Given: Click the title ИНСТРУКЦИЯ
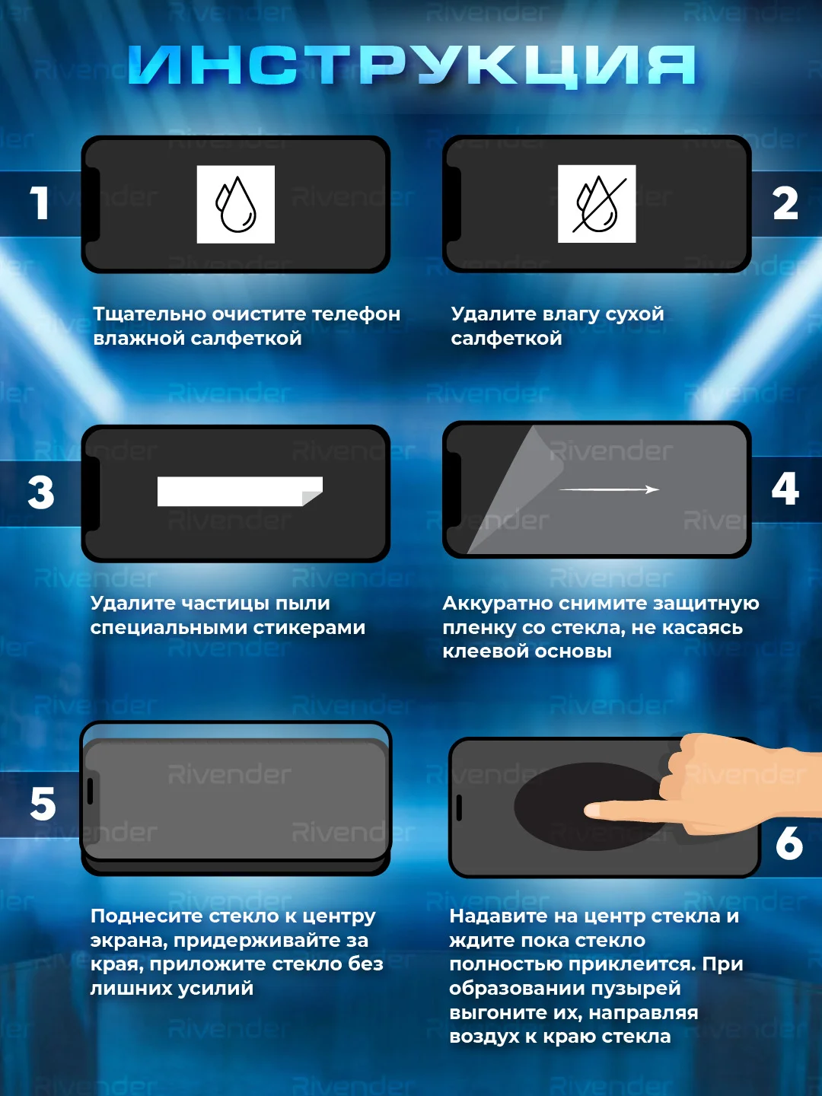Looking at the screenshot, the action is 412,65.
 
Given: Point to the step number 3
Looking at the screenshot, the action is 41,492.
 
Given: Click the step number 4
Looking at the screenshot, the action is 785,489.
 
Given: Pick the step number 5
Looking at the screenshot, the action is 43,804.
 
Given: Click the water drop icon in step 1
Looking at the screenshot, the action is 236,204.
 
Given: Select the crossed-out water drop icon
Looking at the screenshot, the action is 597,204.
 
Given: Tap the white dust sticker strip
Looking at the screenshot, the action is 240,492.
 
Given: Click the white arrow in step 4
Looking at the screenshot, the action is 610,490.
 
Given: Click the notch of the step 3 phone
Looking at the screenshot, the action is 93,493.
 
